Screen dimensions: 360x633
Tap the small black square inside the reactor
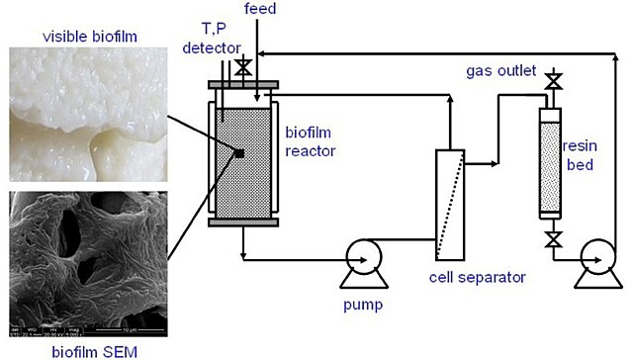pyautogui.click(x=238, y=152)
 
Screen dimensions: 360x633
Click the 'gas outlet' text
pyautogui.click(x=500, y=72)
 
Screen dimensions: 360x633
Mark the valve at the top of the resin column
pyautogui.click(x=554, y=79)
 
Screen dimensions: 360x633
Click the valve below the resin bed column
pyautogui.click(x=554, y=238)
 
